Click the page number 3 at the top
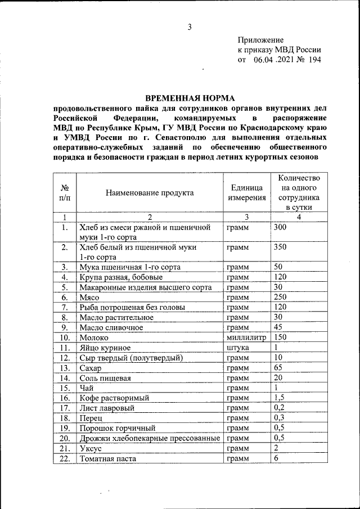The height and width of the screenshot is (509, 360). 190,27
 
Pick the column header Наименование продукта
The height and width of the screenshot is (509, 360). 150,193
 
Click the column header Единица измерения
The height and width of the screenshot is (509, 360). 246,193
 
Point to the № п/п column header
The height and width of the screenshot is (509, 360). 65,193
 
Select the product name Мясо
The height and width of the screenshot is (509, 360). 89,297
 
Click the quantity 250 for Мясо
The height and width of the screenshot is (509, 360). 280,296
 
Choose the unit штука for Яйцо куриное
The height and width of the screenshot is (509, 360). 238,348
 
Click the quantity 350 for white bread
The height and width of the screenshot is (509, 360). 280,247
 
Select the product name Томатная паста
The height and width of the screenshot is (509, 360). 107,458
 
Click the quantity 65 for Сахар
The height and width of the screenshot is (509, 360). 278,367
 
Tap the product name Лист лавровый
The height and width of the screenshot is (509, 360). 107,408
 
